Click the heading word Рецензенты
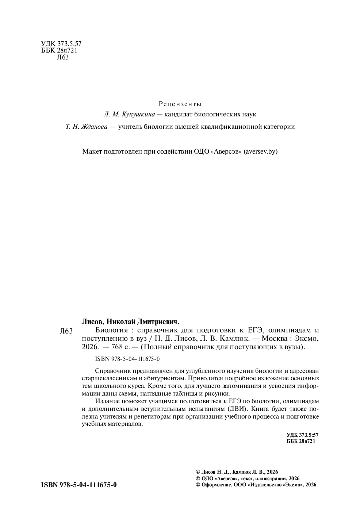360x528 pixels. (x=180, y=104)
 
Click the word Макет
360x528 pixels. (x=93, y=151)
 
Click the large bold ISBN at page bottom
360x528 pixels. (x=79, y=485)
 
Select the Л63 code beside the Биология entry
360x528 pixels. (x=66, y=331)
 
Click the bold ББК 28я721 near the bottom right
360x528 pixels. (x=301, y=441)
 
